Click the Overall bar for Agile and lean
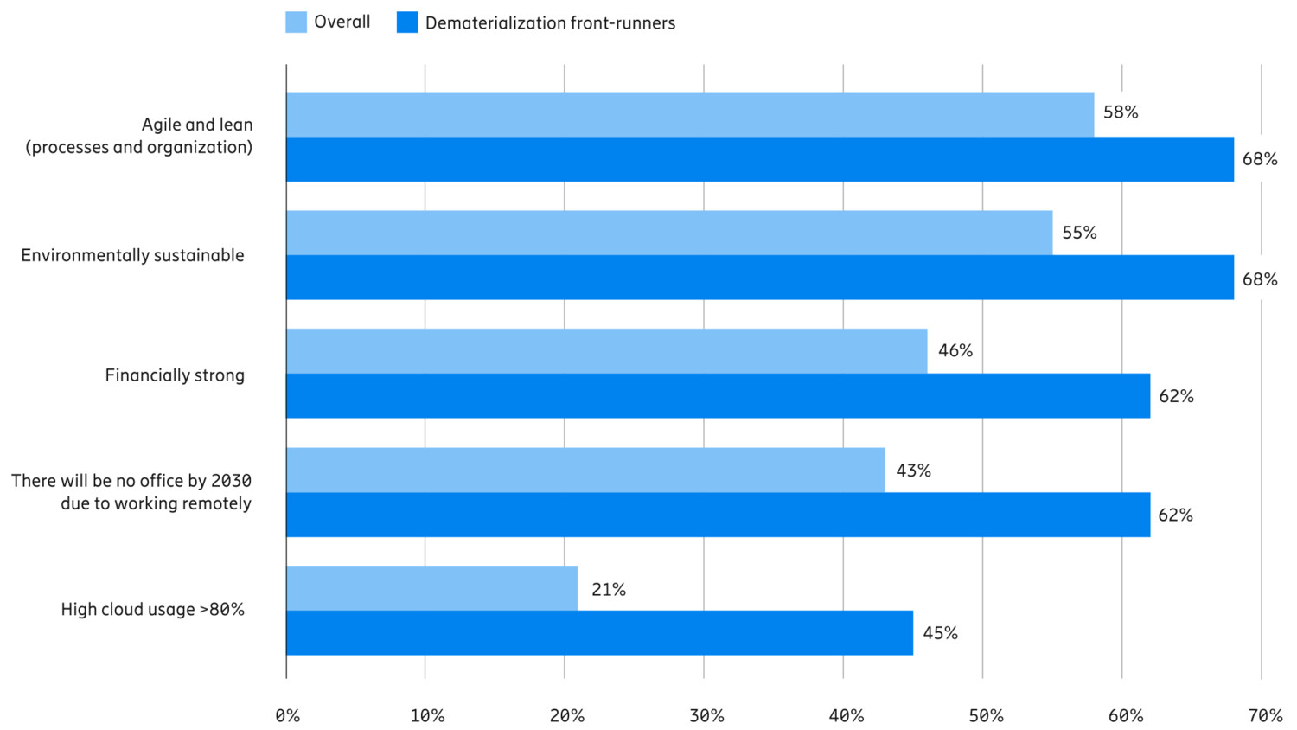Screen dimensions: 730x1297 [690, 114]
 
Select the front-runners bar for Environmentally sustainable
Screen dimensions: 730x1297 [760, 278]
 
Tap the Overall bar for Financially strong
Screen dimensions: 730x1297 [606, 351]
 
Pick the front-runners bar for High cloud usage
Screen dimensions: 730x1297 [599, 633]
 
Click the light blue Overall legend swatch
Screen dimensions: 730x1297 [296, 22]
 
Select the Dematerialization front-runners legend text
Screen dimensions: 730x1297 [550, 23]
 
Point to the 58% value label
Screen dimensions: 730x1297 [1121, 112]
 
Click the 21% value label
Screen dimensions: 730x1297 [609, 590]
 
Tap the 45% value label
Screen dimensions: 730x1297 [940, 633]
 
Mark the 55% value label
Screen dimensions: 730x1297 [1079, 233]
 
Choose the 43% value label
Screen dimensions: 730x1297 [913, 471]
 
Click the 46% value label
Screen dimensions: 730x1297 [955, 350]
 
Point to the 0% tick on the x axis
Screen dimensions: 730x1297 [288, 716]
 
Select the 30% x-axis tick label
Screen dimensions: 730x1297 [706, 716]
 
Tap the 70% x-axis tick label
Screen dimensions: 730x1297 [1265, 716]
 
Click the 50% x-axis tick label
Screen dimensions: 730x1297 [986, 716]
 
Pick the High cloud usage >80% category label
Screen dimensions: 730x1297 [153, 610]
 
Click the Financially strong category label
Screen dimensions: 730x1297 [175, 375]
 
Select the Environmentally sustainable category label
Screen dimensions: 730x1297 [132, 255]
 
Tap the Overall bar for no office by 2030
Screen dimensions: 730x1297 [585, 470]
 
